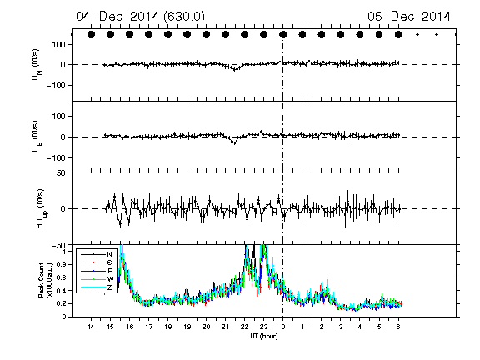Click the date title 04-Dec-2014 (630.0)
[x=141, y=17]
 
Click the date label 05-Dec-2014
[x=409, y=17]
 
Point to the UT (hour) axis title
[x=264, y=336]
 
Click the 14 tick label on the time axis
[x=91, y=327]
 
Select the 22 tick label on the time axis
[x=245, y=327]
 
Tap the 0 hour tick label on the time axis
[x=283, y=327]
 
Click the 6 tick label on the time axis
[x=398, y=327]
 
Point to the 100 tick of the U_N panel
[x=59, y=45]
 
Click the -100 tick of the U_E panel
[x=56, y=157]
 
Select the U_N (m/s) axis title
[x=37, y=65]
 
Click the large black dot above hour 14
[x=91, y=35]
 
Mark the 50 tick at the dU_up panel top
[x=61, y=173]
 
